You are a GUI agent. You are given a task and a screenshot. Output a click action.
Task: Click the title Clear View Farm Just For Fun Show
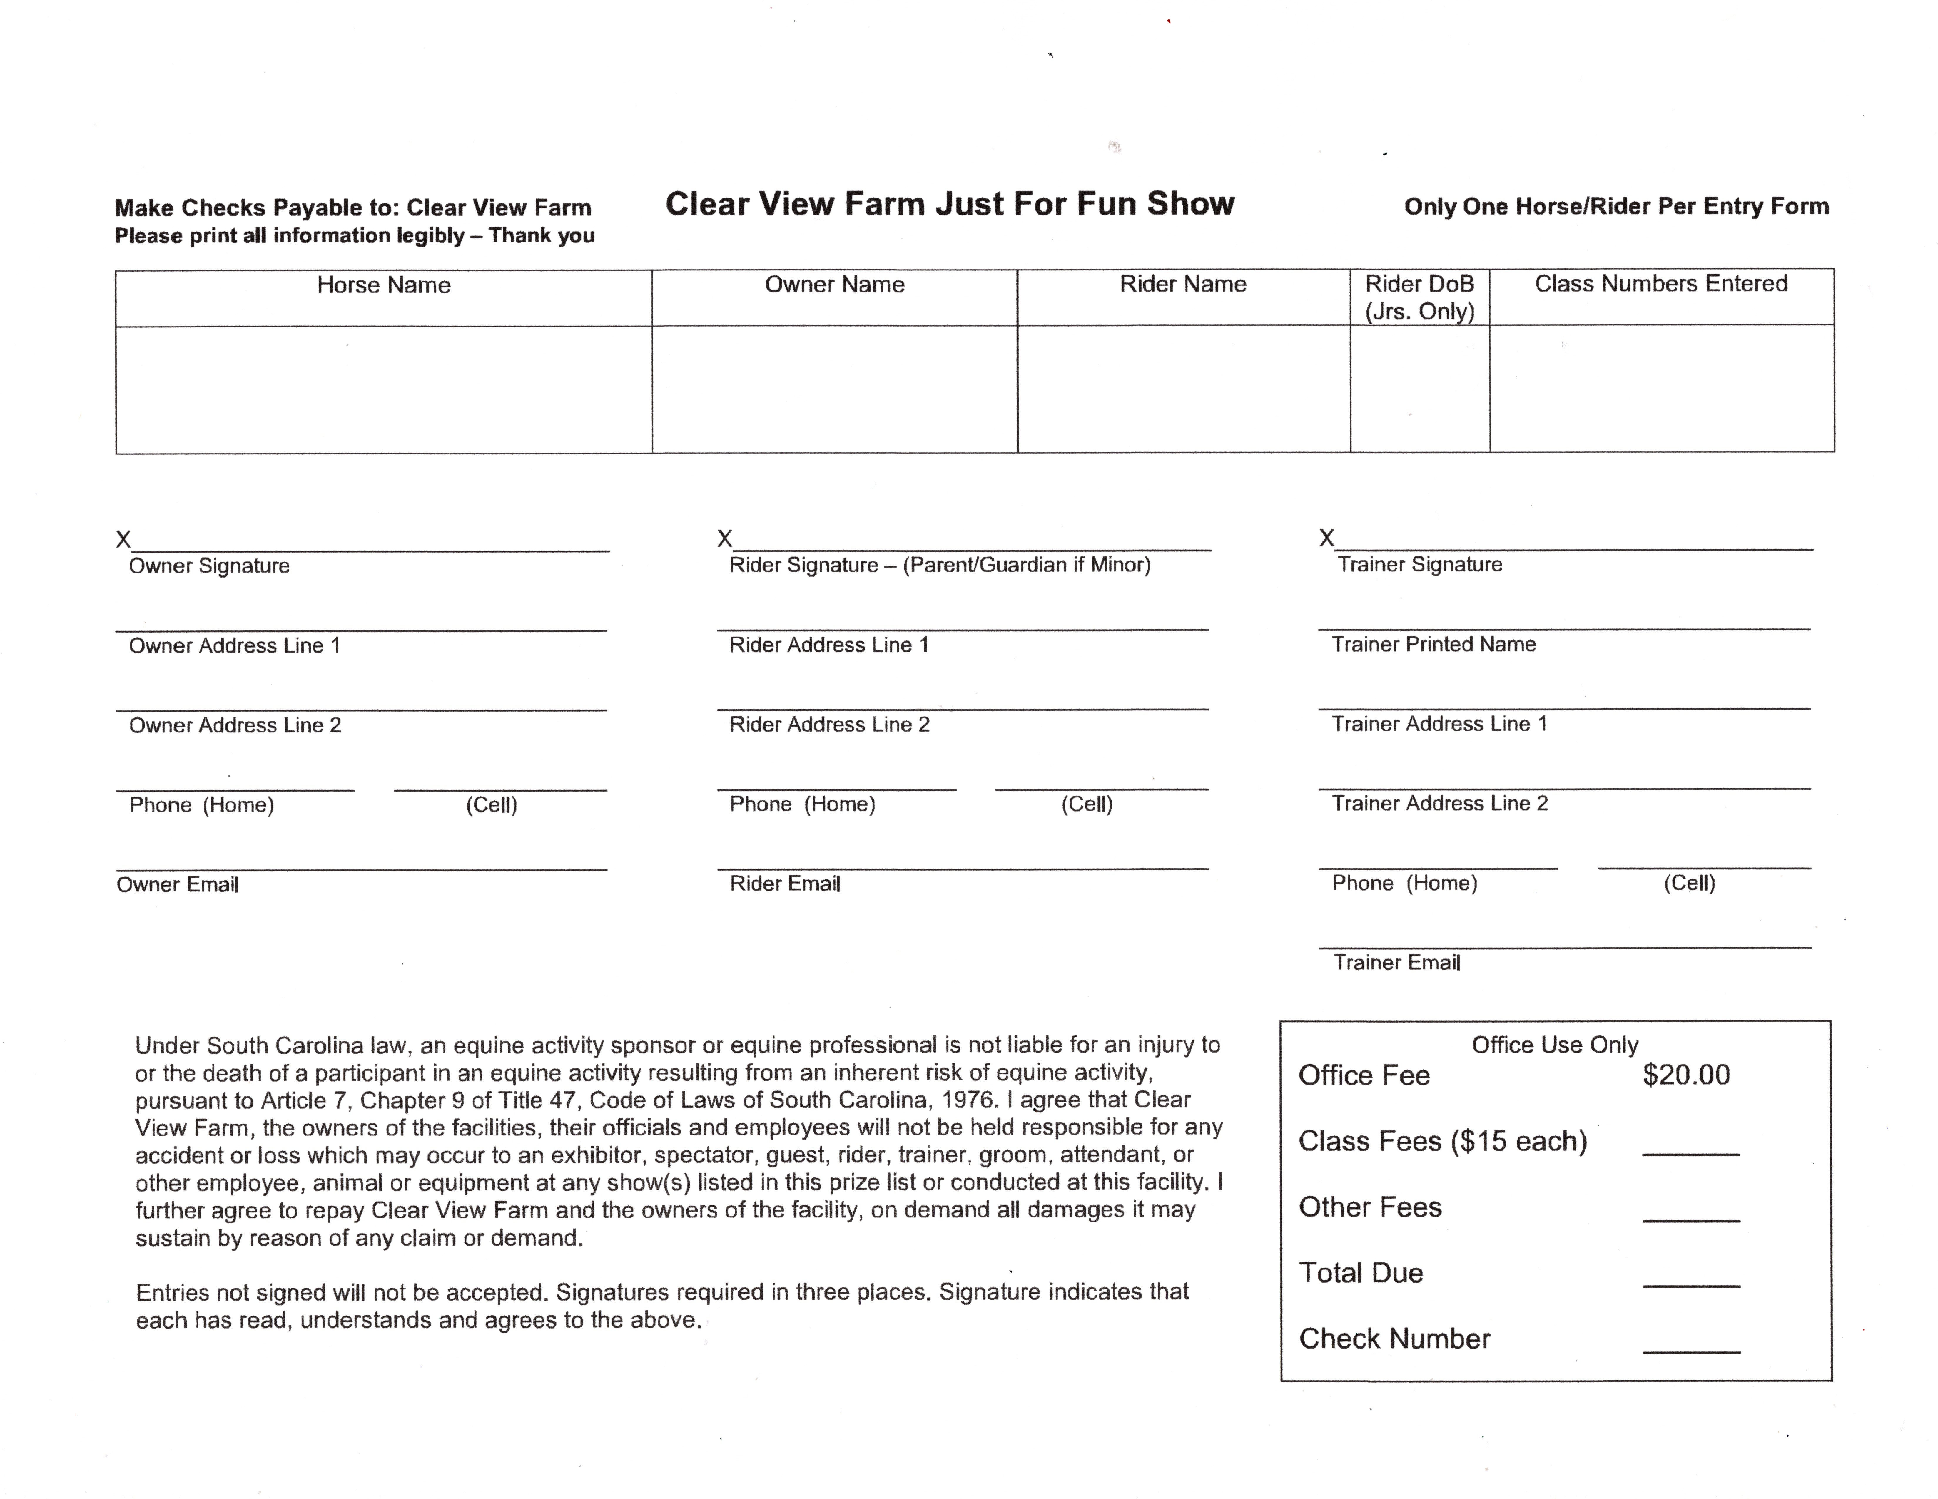pyautogui.click(x=950, y=204)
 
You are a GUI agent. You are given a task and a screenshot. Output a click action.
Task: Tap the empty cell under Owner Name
pyautogui.click(x=834, y=390)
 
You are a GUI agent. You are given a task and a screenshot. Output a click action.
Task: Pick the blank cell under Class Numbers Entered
pyautogui.click(x=1661, y=390)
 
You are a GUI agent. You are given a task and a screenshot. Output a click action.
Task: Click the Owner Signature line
pyautogui.click(x=371, y=543)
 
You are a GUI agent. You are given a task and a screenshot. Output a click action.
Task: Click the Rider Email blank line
pyautogui.click(x=963, y=860)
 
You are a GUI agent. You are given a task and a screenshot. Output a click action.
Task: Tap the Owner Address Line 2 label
pyautogui.click(x=235, y=726)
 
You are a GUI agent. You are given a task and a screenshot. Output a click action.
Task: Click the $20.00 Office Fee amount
pyautogui.click(x=1686, y=1075)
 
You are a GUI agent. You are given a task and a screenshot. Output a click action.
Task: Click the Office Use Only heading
pyautogui.click(x=1555, y=1045)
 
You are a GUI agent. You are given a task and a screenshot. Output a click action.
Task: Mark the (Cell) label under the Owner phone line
pyautogui.click(x=492, y=805)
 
